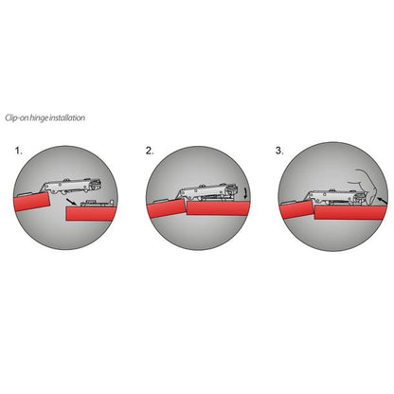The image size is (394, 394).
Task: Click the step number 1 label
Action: click(x=18, y=151)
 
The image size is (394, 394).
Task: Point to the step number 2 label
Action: click(x=149, y=151)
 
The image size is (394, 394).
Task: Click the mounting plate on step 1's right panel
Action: click(x=97, y=203)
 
